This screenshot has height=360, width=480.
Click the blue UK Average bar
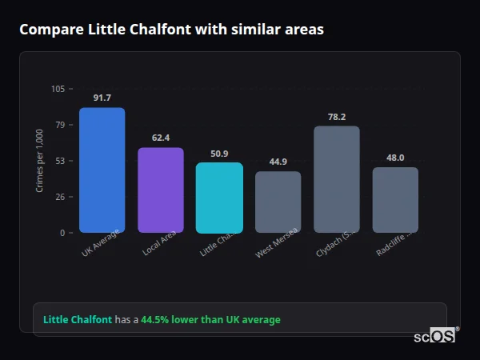102,170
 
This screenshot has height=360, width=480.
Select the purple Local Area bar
161,190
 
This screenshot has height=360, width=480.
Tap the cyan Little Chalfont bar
219,198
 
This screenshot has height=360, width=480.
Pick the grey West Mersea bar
278,202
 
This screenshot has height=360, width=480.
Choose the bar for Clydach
337,179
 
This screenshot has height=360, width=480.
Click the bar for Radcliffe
395,200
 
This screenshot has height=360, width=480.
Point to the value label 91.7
102,98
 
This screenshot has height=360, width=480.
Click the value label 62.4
161,138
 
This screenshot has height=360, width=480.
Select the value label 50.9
219,154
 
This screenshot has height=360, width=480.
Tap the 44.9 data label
278,162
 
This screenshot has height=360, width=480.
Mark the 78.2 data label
337,117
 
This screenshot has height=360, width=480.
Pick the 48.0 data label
395,158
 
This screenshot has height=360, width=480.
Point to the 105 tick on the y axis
58,89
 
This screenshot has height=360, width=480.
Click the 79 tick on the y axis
60,125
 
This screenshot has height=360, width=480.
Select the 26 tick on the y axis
60,197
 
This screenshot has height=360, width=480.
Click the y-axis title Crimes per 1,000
40,161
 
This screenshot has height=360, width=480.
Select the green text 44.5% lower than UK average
210,320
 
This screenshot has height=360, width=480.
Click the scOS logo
435,336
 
